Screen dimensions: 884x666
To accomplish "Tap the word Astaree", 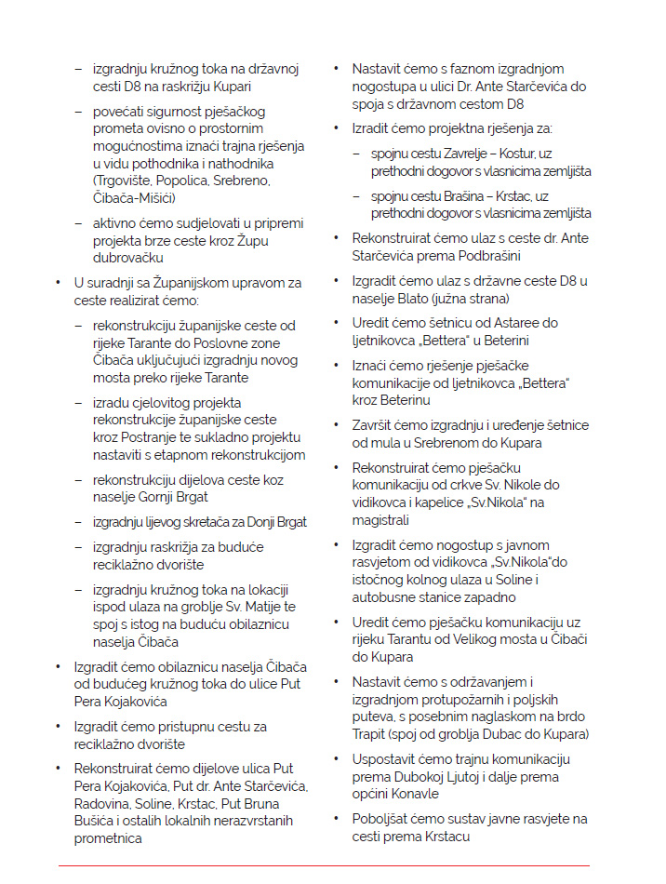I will [516, 324].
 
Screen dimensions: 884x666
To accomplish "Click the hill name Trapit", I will [372, 734].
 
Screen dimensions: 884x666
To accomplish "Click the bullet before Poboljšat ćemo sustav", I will [336, 819].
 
